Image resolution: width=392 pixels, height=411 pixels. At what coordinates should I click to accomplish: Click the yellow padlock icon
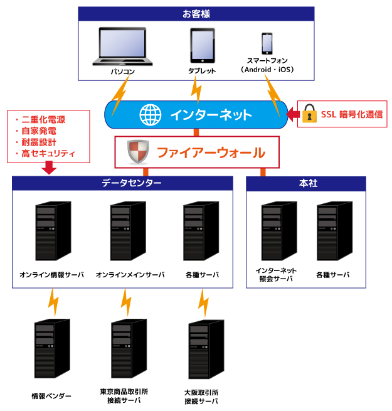click(309, 114)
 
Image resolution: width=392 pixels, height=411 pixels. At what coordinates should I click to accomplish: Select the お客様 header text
click(196, 13)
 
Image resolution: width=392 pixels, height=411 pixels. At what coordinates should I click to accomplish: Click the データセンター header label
click(123, 183)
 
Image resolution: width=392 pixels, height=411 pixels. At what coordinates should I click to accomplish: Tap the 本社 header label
click(305, 183)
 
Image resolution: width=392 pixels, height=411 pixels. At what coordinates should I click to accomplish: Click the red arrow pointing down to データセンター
click(48, 168)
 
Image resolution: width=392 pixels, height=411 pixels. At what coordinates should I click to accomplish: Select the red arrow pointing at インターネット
click(291, 114)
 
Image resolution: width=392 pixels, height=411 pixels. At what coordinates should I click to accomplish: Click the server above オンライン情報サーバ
click(52, 232)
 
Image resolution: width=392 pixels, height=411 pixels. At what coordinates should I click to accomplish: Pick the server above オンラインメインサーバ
click(128, 232)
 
